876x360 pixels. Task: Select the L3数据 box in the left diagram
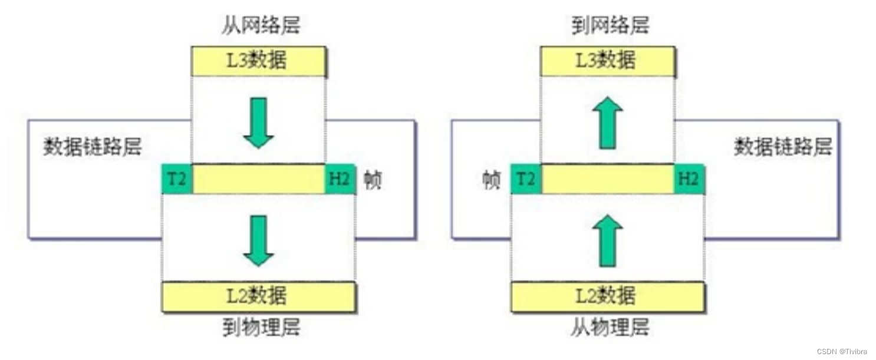pyautogui.click(x=258, y=61)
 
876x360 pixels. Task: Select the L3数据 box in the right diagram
pyautogui.click(x=608, y=61)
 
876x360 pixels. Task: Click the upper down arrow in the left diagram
pyautogui.click(x=258, y=123)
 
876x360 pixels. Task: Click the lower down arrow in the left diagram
pyautogui.click(x=258, y=240)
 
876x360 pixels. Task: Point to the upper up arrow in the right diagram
pyautogui.click(x=611, y=123)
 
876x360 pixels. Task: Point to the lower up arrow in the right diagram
pyautogui.click(x=611, y=240)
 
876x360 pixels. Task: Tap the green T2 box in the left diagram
pyautogui.click(x=177, y=179)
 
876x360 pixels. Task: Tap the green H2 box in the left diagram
pyautogui.click(x=340, y=179)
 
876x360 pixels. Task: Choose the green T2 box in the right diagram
pyautogui.click(x=526, y=179)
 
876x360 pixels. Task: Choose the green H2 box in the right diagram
pyautogui.click(x=689, y=179)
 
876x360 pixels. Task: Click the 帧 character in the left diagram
pyautogui.click(x=373, y=180)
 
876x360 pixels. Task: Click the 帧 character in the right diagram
pyautogui.click(x=491, y=180)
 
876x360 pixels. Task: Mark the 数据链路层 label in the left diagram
pyautogui.click(x=93, y=146)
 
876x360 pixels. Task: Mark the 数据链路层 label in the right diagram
pyautogui.click(x=783, y=146)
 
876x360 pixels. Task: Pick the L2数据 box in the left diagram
pyautogui.click(x=258, y=296)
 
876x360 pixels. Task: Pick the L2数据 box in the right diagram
pyautogui.click(x=608, y=296)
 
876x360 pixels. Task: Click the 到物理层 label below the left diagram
pyautogui.click(x=261, y=327)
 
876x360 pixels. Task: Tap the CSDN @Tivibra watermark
pyautogui.click(x=841, y=351)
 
